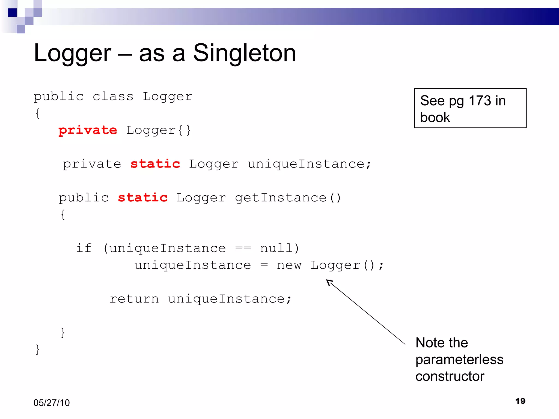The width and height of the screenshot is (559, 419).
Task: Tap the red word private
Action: pos(88,130)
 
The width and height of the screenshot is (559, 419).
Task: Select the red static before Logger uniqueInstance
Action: pos(155,164)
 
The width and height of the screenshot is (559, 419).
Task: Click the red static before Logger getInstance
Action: pos(142,198)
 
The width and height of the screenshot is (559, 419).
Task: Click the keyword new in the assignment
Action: pos(289,265)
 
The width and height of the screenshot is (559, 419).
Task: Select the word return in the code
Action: pos(134,299)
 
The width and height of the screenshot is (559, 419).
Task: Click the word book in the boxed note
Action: pos(435,118)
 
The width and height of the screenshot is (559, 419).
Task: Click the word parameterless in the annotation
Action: pos(459,360)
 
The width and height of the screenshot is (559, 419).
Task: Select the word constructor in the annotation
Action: pos(450,376)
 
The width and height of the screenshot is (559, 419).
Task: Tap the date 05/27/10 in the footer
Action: pos(52,403)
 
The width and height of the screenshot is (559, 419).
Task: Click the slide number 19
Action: pos(520,401)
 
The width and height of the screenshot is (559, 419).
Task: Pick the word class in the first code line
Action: pos(113,97)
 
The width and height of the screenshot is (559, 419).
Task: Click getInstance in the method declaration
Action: pos(281,198)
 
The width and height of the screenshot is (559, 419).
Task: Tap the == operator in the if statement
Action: pos(243,248)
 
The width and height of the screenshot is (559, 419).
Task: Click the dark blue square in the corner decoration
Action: pos(12,13)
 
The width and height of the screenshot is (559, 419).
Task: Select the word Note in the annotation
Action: pos(429,343)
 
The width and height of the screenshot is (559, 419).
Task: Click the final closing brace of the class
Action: pos(38,349)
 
